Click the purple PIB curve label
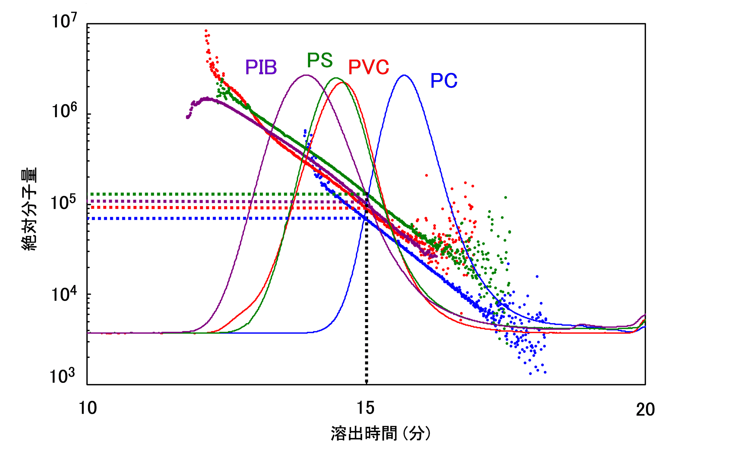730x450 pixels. click(x=261, y=67)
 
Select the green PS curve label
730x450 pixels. click(x=320, y=60)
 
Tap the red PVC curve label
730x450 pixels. click(x=369, y=67)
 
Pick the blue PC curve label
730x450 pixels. click(x=443, y=81)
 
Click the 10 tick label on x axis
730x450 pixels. click(x=87, y=408)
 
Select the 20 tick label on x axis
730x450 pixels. click(x=645, y=409)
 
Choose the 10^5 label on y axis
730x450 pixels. click(x=63, y=202)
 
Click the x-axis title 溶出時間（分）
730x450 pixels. click(x=380, y=433)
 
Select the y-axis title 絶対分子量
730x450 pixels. click(x=29, y=209)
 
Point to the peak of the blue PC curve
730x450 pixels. click(x=404, y=75)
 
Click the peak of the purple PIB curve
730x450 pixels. click(x=306, y=75)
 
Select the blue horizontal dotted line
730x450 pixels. click(x=209, y=219)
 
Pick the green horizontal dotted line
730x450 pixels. click(x=209, y=194)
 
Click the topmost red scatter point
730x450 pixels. click(x=206, y=31)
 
